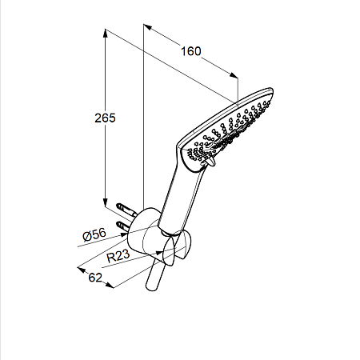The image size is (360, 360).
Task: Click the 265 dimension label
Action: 105,118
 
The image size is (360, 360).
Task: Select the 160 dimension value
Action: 191,51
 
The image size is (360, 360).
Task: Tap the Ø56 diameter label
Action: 94,234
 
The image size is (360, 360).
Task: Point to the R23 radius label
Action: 118,256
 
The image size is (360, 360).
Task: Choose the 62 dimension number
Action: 95,278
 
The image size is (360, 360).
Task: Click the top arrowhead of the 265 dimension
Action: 106,33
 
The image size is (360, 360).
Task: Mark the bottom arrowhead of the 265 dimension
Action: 106,202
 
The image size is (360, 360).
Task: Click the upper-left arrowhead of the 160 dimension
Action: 147,26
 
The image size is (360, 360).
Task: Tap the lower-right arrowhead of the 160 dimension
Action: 234,75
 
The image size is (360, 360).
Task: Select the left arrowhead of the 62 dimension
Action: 81,270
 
